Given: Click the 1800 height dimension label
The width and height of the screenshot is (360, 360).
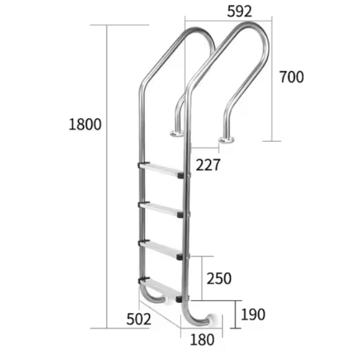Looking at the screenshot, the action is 85,124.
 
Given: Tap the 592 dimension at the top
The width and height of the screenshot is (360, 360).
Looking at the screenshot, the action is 239,11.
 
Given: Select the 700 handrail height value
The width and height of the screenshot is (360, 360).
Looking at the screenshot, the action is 292,77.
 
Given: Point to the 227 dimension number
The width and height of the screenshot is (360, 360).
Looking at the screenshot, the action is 208,164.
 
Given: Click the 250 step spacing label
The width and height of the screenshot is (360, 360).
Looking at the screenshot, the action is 219,278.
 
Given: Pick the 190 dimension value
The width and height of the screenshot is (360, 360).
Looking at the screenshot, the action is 253,314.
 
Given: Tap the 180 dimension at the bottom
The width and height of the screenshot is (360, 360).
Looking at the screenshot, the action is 202,340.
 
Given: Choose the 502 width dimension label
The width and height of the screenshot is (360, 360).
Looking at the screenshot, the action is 139,319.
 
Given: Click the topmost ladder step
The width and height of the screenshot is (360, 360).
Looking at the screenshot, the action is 161,170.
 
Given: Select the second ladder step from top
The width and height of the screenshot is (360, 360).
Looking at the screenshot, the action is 161,209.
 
